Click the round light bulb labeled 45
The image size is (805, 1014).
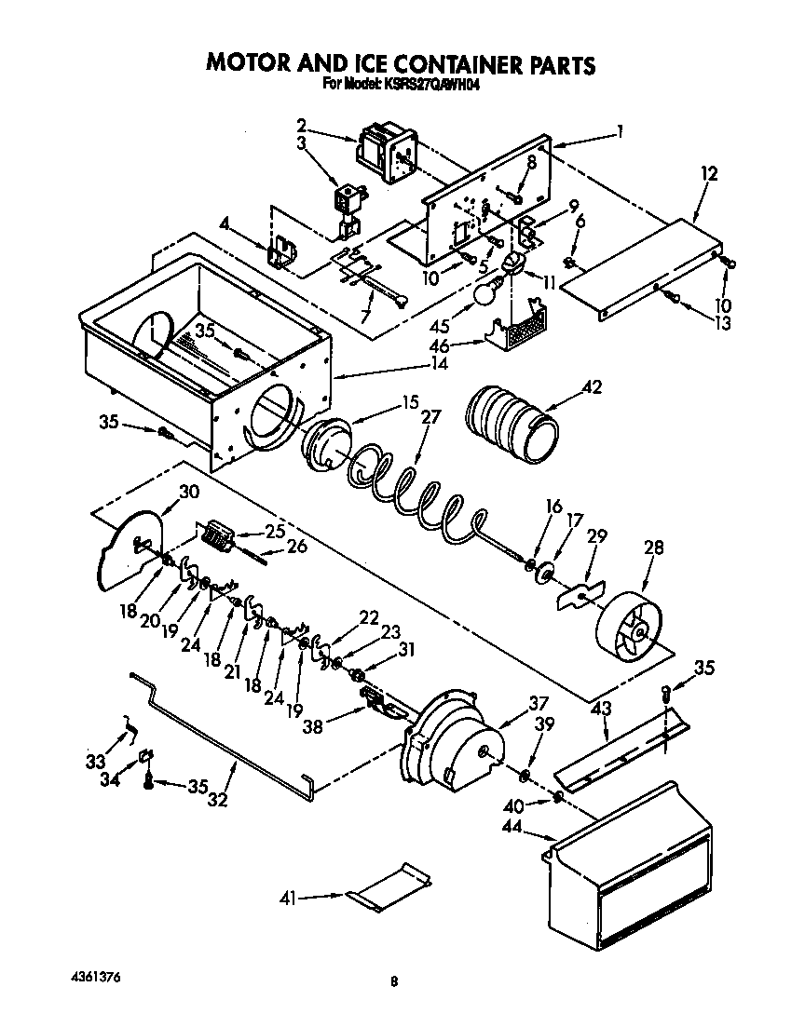(x=484, y=294)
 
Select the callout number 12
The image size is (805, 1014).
(x=710, y=173)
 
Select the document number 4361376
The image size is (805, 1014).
(x=95, y=978)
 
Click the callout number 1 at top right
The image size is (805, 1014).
(x=620, y=131)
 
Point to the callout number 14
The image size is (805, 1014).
(x=438, y=363)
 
